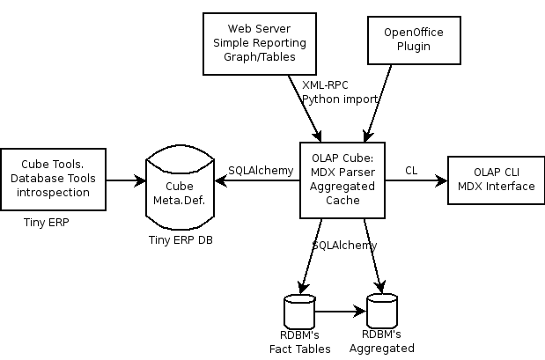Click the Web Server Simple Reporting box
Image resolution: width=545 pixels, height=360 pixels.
click(x=256, y=43)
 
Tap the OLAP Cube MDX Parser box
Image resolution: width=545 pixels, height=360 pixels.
click(x=342, y=179)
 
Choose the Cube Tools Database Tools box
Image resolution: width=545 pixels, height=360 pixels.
click(x=55, y=179)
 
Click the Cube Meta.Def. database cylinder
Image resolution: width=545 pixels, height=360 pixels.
click(x=180, y=186)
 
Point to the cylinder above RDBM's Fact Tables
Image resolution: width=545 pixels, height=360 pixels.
click(x=299, y=312)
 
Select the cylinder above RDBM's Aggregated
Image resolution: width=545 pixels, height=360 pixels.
click(x=381, y=312)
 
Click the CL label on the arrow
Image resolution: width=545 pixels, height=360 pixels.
click(x=411, y=169)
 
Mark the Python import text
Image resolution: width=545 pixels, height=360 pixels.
click(x=340, y=99)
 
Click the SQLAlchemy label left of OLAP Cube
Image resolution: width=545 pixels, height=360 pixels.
click(x=261, y=170)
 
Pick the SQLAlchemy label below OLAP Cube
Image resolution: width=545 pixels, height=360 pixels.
click(x=345, y=244)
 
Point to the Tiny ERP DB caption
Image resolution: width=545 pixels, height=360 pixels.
click(x=180, y=240)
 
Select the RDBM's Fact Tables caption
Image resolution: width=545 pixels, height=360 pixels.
click(x=299, y=342)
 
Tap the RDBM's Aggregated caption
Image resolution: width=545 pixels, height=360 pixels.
click(x=381, y=342)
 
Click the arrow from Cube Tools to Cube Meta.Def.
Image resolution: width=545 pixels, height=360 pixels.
click(x=128, y=180)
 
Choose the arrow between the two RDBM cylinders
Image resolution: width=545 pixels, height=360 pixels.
click(x=340, y=311)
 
